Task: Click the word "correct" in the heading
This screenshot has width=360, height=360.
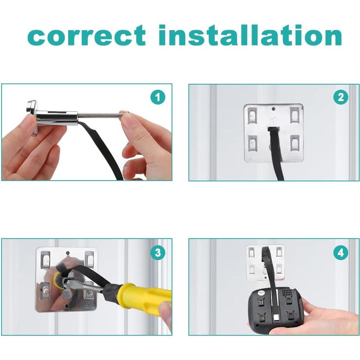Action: tap(86, 35)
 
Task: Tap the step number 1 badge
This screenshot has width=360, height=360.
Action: tap(158, 98)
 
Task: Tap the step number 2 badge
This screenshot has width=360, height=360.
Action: tap(341, 98)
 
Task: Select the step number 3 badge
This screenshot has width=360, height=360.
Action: tap(158, 253)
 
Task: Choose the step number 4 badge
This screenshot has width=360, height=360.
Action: tap(341, 253)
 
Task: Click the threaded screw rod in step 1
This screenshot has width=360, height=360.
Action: tap(101, 114)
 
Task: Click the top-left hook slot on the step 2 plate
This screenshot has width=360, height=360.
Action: tap(252, 115)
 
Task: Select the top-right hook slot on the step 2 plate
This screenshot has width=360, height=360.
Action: tap(295, 115)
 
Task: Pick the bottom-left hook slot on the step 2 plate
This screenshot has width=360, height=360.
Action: tap(253, 143)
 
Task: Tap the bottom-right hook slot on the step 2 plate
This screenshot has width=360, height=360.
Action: tap(295, 143)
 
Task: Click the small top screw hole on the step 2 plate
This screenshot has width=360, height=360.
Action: tap(273, 109)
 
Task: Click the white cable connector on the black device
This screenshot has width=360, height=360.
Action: tap(276, 318)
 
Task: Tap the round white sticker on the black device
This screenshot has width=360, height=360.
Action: tap(261, 293)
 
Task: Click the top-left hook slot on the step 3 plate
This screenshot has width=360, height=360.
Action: tap(45, 259)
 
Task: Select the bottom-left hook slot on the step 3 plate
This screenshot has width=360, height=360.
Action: tap(45, 291)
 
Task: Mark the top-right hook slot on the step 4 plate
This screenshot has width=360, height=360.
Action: tap(279, 251)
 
